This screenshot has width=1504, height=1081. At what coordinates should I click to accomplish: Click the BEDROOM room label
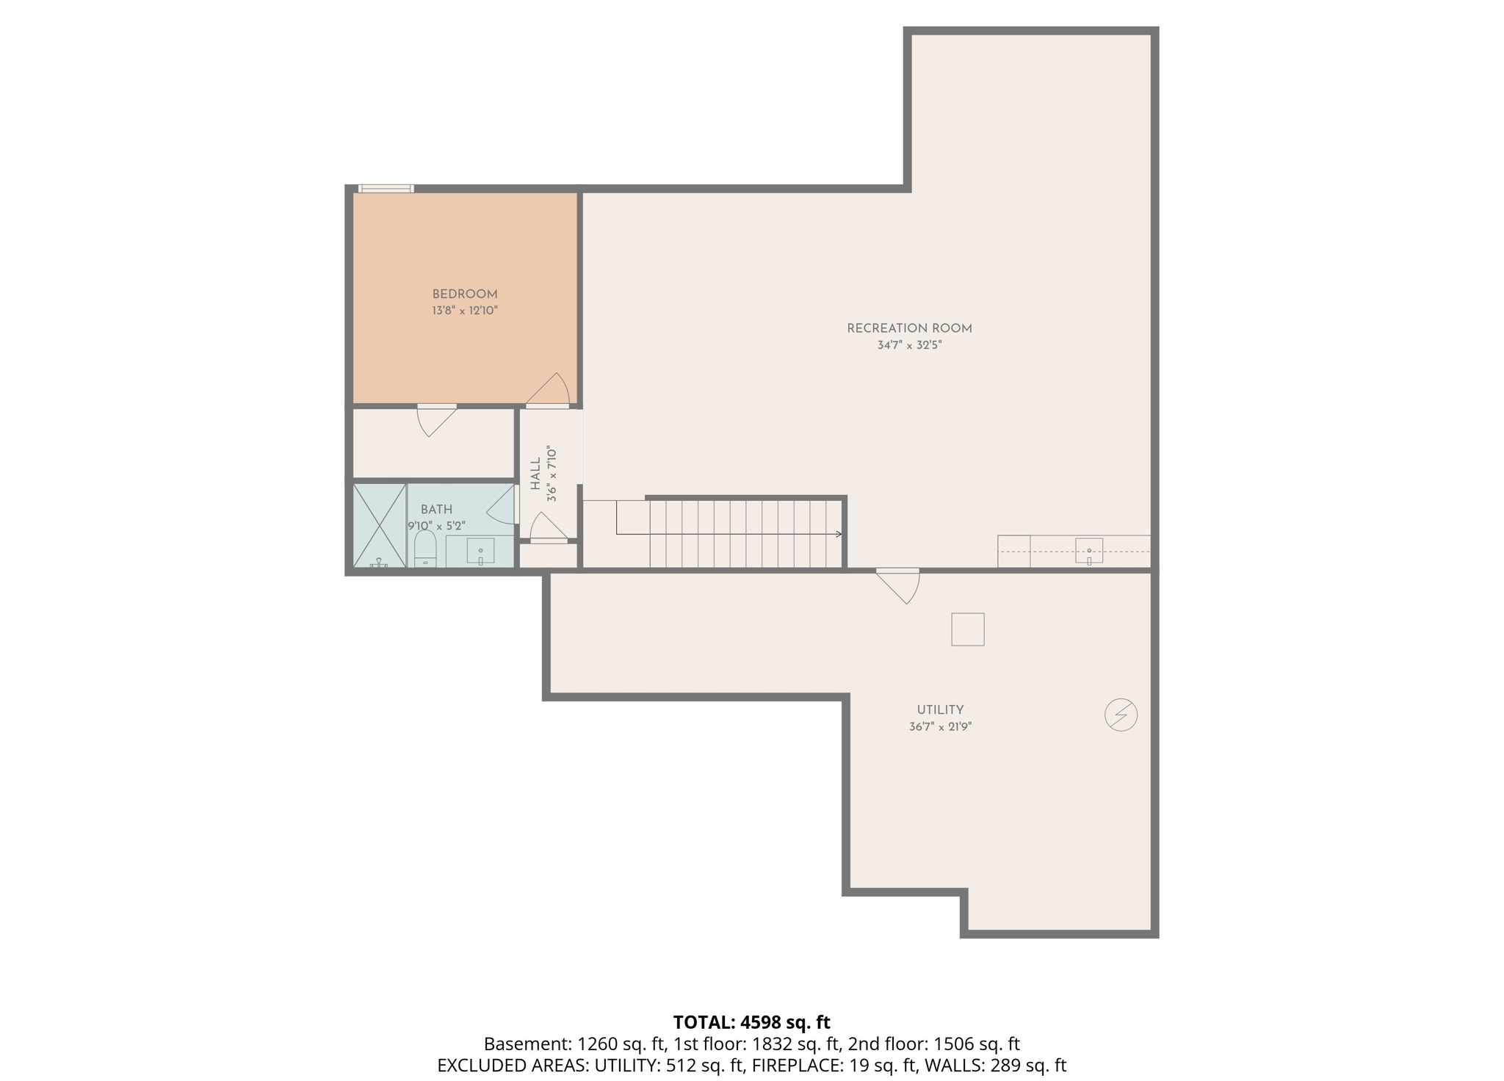tap(464, 294)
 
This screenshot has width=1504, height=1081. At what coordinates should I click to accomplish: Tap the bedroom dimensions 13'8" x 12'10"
tap(464, 311)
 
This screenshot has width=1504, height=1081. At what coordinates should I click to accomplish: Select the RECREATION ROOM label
tap(909, 329)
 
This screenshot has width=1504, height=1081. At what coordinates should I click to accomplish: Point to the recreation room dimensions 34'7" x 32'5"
tap(909, 345)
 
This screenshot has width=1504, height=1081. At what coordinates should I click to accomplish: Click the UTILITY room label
tap(940, 710)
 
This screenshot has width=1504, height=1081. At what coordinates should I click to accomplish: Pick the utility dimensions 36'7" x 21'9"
tap(940, 727)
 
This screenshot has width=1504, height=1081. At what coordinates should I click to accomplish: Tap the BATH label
tap(436, 510)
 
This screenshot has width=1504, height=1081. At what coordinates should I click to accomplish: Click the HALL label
tap(535, 474)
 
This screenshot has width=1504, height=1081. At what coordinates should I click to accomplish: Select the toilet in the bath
tap(425, 549)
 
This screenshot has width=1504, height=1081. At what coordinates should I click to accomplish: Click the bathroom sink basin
tap(480, 551)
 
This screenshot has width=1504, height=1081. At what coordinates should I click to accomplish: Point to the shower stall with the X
tap(379, 525)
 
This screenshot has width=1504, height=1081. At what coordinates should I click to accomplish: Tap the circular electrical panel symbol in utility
tap(1121, 715)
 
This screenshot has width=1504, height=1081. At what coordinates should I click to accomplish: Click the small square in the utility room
tap(967, 629)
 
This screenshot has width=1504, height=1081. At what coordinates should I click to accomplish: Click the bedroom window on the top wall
tap(386, 189)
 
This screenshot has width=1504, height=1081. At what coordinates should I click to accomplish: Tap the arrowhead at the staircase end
tap(839, 534)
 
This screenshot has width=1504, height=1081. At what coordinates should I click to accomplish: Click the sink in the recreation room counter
tap(1089, 551)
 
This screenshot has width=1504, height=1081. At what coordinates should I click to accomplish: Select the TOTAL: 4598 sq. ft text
tap(751, 1022)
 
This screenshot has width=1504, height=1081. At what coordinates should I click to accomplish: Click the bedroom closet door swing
tap(436, 421)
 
